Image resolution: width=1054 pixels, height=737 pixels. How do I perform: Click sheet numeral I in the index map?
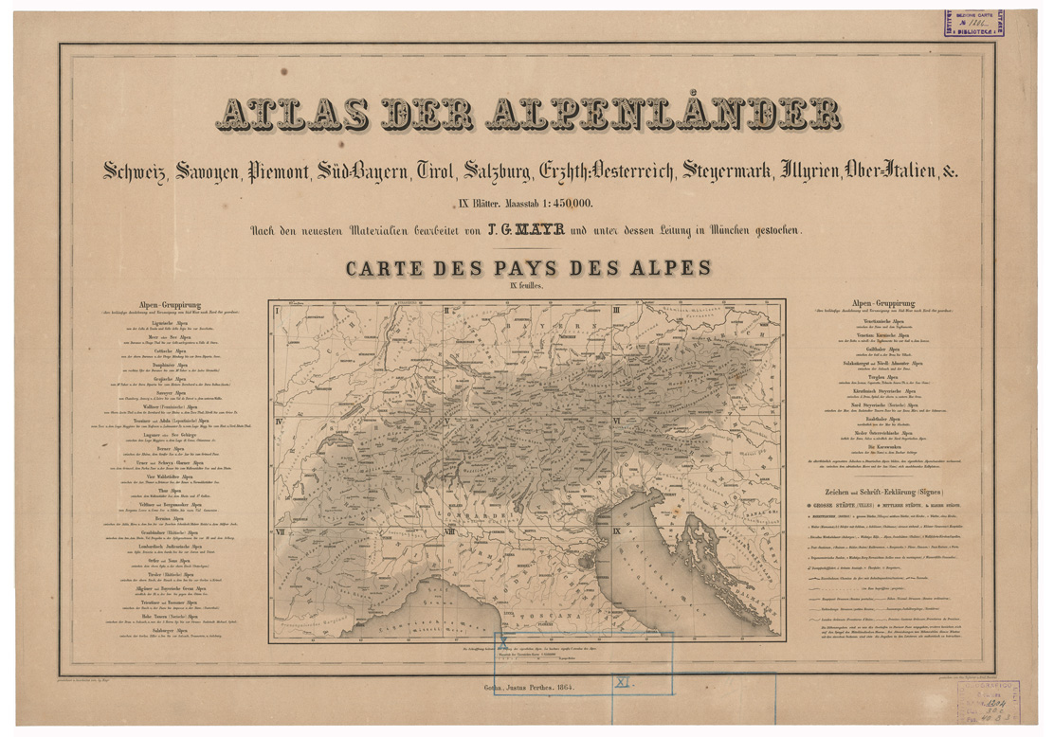276,310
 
